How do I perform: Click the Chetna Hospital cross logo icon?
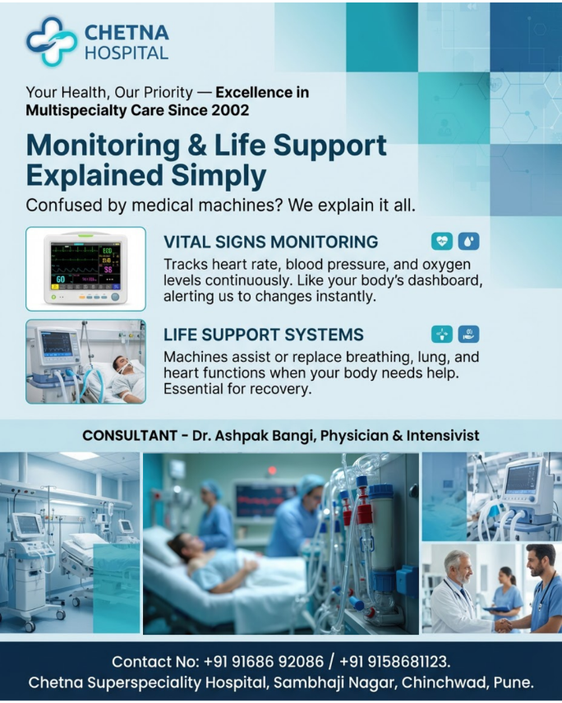pos(51,41)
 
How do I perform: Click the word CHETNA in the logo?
pos(127,32)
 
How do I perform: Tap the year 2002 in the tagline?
pos(232,109)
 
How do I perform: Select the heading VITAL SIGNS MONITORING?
pos(270,242)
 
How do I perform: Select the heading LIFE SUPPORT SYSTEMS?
pos(263,335)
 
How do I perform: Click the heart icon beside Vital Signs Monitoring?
pos(442,241)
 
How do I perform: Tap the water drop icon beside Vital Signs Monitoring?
pos(468,241)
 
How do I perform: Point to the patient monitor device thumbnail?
pos(85,269)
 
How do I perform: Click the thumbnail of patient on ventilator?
pos(85,362)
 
